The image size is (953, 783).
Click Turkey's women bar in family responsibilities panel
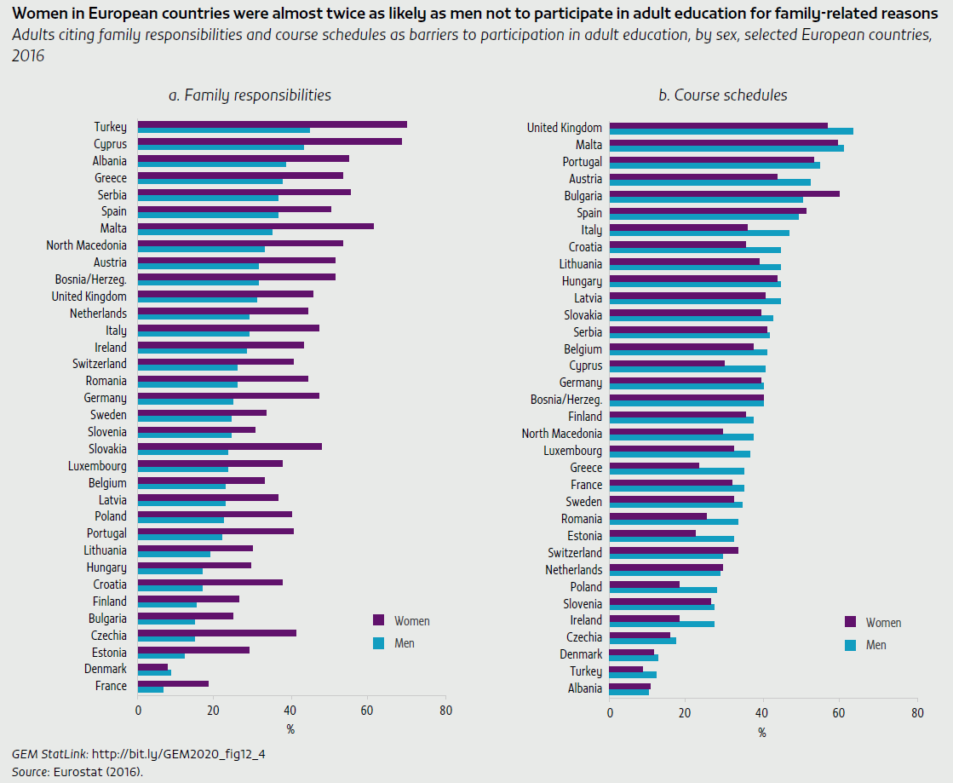pos(273,124)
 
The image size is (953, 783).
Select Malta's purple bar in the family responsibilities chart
pos(255,226)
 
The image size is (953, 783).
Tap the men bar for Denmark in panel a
pos(154,672)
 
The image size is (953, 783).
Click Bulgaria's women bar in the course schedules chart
pos(724,193)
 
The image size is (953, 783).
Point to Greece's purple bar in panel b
pos(654,465)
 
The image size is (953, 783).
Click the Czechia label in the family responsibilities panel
pos(108,636)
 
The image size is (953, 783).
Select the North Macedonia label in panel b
pos(561,434)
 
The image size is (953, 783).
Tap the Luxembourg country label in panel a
pos(97,466)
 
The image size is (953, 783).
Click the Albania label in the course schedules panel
pos(584,688)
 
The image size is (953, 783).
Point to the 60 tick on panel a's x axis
pos(367,710)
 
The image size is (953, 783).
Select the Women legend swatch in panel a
pos(379,619)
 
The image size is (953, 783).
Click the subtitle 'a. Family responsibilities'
pos(250,95)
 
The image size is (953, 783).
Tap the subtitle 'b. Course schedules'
pos(722,95)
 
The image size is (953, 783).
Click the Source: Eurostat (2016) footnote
pos(78,771)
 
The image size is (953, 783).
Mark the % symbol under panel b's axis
pos(762,732)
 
